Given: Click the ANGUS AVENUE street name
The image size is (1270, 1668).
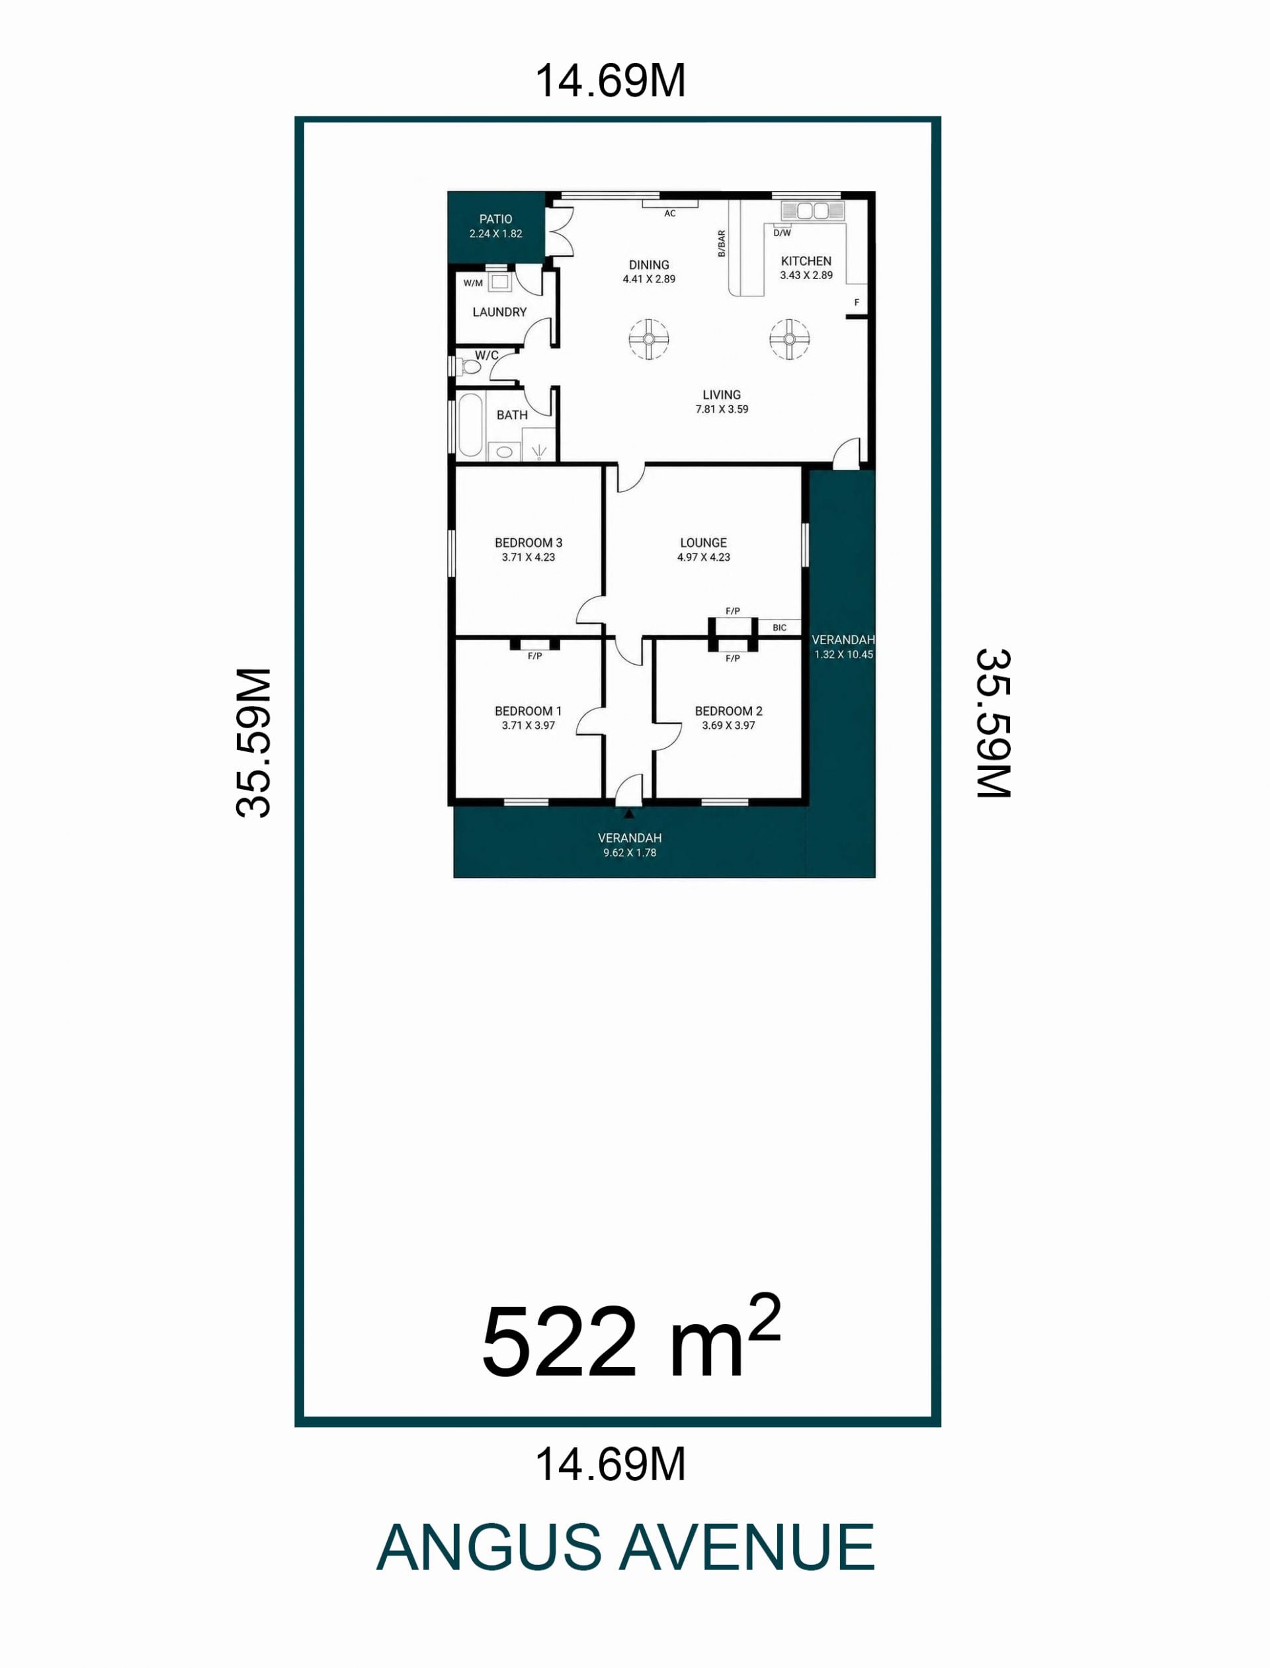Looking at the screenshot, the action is pos(625,1548).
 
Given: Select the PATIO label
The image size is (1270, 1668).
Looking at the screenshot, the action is pos(496,219).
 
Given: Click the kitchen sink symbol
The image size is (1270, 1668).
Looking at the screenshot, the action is pos(811,210).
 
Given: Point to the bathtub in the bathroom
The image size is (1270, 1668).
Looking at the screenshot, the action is pos(470,425).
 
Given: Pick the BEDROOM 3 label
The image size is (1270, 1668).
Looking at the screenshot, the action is pos(529,542).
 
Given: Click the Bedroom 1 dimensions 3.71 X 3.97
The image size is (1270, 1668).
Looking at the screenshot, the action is pos(529,726).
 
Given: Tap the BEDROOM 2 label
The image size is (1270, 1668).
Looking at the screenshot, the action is pos(729,711).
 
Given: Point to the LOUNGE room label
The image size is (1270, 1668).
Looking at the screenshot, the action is pos(703,542).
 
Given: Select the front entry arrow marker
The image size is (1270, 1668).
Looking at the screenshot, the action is pos(629,814).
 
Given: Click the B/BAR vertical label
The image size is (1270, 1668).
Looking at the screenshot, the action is pos(721,243).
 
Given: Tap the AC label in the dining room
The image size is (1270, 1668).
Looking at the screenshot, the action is pos(670,214).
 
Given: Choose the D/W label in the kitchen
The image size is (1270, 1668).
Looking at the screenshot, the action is pos(782,233).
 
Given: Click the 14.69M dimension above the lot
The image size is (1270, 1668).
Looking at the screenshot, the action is pos(611,80).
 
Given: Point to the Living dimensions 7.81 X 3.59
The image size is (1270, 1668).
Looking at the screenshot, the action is pos(722,409).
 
